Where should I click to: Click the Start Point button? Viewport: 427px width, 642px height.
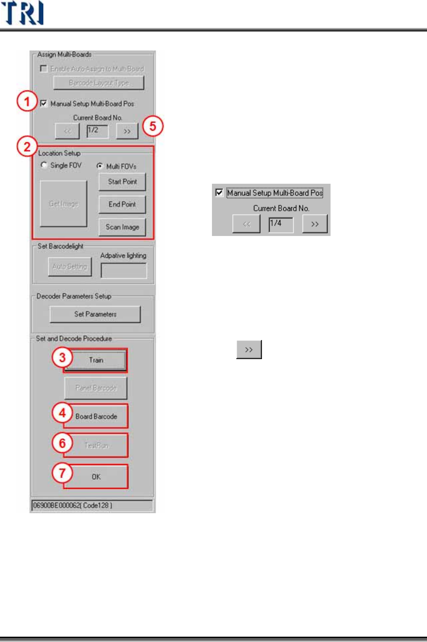(x=122, y=182)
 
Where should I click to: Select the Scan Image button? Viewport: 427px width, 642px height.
(x=122, y=227)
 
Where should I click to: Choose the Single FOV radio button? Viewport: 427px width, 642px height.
(x=44, y=165)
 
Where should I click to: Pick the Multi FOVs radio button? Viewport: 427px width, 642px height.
(x=100, y=166)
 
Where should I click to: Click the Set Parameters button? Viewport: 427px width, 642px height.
(x=95, y=314)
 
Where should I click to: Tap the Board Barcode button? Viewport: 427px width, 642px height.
(x=96, y=416)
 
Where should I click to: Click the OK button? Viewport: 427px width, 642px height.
(x=96, y=477)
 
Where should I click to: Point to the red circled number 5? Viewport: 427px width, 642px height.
(x=153, y=126)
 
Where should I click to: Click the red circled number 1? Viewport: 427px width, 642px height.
(x=27, y=101)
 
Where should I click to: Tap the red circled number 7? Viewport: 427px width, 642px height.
(x=62, y=473)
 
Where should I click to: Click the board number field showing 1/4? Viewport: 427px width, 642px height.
(x=281, y=224)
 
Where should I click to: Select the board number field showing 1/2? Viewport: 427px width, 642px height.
(x=97, y=131)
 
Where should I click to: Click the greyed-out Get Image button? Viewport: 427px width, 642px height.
(x=63, y=204)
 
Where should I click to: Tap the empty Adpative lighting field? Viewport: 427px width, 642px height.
(x=123, y=271)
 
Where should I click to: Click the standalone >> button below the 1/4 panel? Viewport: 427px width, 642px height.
(x=249, y=350)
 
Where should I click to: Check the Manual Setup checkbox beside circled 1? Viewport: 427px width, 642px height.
(x=43, y=104)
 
